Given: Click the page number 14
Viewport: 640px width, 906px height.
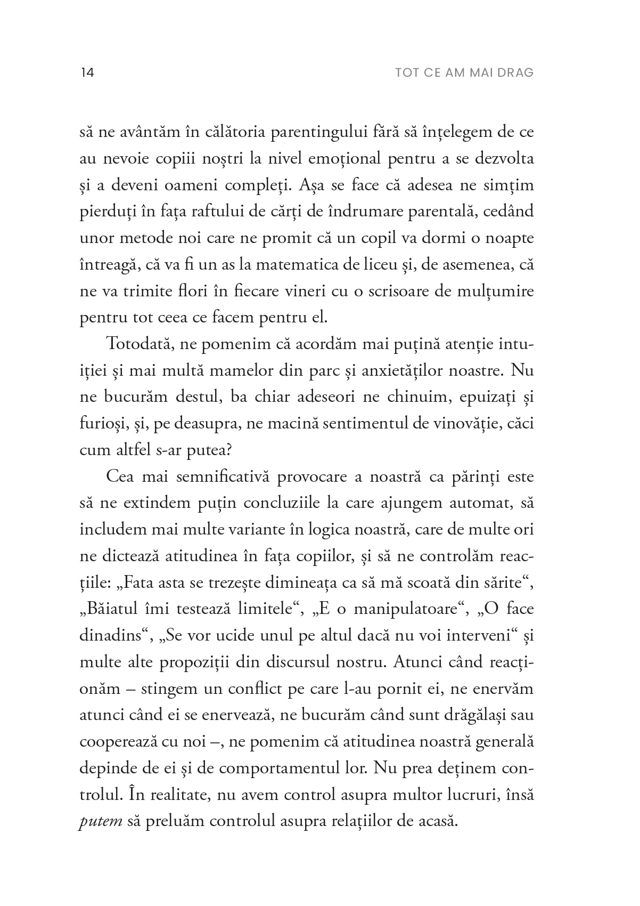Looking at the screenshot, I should point(87,72).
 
